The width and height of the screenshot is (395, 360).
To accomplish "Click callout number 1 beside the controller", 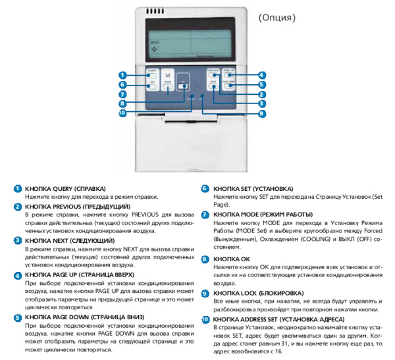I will (x=122, y=75).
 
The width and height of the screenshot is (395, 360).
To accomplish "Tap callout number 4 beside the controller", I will (x=261, y=75).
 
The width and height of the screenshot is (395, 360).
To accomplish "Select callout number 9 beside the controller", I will (x=261, y=113).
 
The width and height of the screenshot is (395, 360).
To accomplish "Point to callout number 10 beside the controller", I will (x=122, y=113).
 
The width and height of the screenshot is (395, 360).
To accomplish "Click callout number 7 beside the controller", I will (x=122, y=94).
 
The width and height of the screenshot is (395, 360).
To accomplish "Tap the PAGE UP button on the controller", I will (x=230, y=72).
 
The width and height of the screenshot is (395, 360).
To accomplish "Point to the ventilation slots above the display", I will (x=155, y=12).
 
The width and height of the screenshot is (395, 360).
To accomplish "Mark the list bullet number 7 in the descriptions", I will (x=205, y=215).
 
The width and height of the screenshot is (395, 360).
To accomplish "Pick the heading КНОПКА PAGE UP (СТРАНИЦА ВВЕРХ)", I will (x=81, y=273).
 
